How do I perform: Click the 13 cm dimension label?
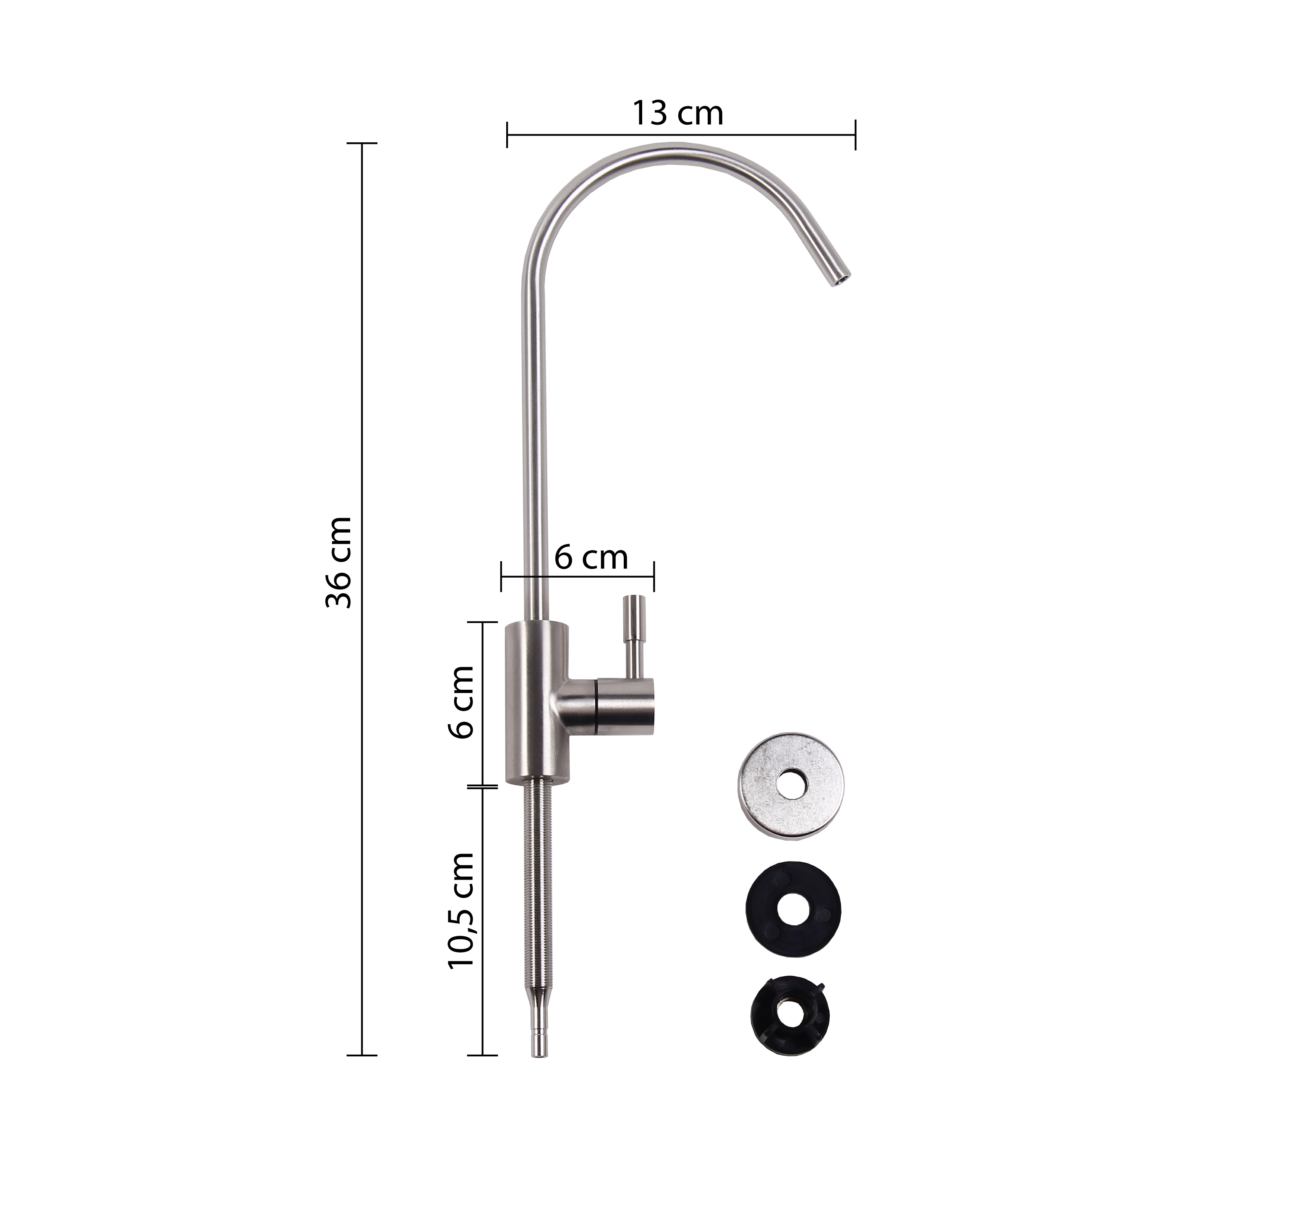pyautogui.click(x=678, y=113)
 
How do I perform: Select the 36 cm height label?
pyautogui.click(x=340, y=562)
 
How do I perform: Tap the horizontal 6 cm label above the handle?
pyautogui.click(x=591, y=558)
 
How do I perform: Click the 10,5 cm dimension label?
pyautogui.click(x=460, y=910)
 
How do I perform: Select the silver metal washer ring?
pyautogui.click(x=790, y=784)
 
